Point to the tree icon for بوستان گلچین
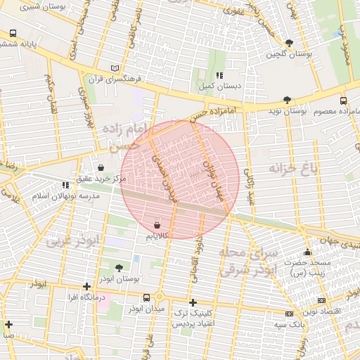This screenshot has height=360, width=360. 289,43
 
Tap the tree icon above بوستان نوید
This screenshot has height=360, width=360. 286,101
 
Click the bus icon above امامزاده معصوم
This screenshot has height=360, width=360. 343,101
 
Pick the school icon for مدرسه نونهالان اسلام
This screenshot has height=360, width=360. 65,185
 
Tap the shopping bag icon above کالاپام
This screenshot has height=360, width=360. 156,225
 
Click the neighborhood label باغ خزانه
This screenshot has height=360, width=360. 292,168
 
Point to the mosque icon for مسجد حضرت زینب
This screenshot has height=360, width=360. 307,252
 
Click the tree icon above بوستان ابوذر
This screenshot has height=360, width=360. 118,268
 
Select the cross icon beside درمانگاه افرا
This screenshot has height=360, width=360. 86,286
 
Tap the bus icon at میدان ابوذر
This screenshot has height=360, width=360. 146,297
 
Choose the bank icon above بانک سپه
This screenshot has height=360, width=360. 289,314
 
